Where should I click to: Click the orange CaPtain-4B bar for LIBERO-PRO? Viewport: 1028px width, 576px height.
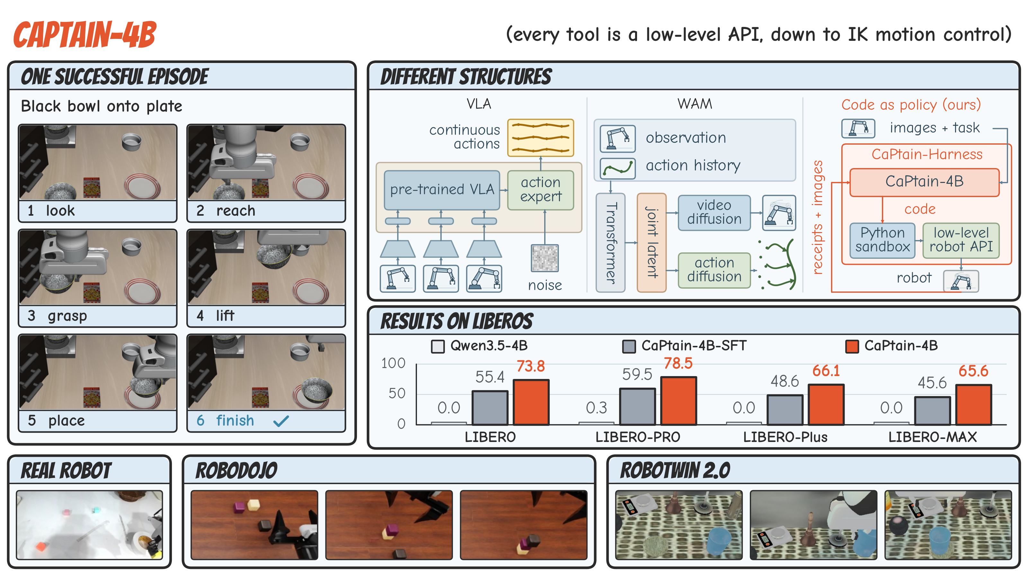(x=678, y=401)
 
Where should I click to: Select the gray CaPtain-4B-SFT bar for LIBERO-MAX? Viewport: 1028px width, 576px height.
(x=932, y=410)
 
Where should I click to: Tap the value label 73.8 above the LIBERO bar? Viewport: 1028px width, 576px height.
(x=530, y=366)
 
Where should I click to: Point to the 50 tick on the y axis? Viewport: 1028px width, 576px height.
(x=397, y=393)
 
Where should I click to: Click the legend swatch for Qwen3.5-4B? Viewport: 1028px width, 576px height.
(x=438, y=346)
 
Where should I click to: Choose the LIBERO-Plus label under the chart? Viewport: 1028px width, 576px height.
(x=785, y=437)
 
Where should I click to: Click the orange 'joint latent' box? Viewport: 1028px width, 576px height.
(x=651, y=243)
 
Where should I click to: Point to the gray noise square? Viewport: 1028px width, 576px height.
(x=545, y=258)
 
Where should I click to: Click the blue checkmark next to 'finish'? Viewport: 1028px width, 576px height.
(x=281, y=421)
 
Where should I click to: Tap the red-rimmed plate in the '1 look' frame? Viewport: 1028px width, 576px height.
(x=142, y=187)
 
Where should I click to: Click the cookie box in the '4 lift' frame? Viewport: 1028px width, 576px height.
(x=260, y=292)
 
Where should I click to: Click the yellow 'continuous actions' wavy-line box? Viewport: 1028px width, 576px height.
(x=541, y=138)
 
